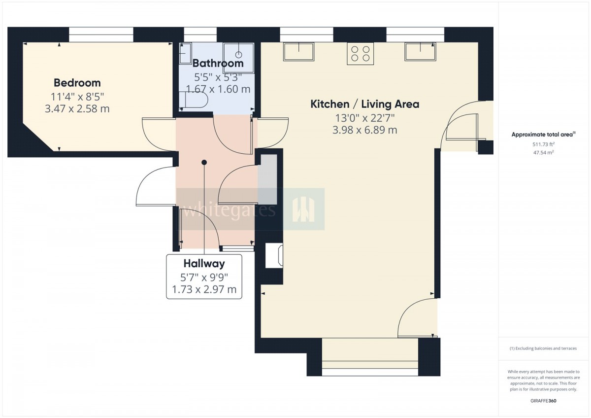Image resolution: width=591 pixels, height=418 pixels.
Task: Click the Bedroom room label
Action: tap(77, 83)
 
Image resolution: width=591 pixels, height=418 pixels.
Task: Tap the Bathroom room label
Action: tap(218, 64)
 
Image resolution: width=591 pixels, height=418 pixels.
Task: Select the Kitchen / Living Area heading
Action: tap(364, 104)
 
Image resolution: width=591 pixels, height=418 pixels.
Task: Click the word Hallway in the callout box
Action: tap(204, 264)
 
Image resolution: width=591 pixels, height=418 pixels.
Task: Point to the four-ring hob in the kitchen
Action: tap(360, 54)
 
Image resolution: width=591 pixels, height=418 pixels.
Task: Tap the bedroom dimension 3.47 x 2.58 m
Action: tap(77, 109)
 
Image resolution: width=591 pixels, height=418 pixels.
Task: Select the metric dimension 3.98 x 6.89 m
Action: tap(364, 130)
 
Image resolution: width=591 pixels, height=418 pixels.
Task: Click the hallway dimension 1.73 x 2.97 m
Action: tap(204, 289)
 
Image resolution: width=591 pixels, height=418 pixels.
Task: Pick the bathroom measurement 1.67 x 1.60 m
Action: tap(218, 89)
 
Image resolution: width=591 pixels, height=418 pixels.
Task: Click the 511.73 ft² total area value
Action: tap(543, 144)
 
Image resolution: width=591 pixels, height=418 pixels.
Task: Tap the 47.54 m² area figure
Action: tap(543, 153)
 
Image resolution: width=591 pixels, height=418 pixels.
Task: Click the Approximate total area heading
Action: tap(543, 135)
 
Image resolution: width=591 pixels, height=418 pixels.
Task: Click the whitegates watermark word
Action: tap(229, 210)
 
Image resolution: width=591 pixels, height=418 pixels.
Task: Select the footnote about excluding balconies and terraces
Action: tap(543, 348)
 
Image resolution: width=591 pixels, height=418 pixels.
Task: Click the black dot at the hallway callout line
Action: tap(204, 162)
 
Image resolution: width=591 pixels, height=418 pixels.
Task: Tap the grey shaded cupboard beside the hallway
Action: tap(267, 179)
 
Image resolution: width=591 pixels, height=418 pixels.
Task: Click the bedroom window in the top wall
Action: tap(101, 35)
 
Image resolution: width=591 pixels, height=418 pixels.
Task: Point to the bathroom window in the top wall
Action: tap(200, 35)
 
